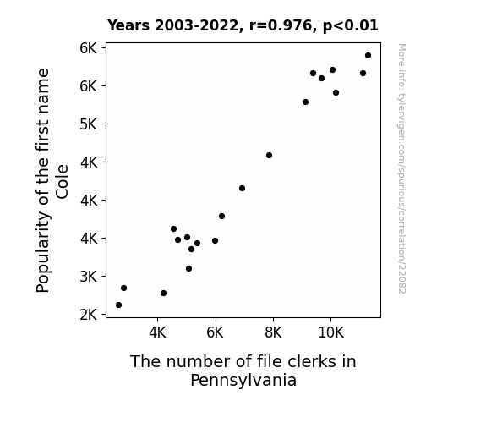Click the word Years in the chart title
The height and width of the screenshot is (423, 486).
tap(128, 25)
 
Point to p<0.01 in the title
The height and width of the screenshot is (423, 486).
tap(351, 26)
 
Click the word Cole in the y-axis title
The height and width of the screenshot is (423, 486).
tap(62, 182)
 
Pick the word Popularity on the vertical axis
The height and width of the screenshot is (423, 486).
tap(43, 252)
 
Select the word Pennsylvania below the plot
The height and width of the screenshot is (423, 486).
tap(243, 381)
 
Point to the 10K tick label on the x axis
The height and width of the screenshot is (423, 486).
tap(331, 332)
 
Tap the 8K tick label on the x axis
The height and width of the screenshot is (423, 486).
tap(273, 332)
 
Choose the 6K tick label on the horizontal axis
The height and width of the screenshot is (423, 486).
tap(215, 332)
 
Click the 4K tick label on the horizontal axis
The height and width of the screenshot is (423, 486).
tap(157, 332)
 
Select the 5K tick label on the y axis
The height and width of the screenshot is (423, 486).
tap(89, 124)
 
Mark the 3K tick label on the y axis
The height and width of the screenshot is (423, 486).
tap(89, 276)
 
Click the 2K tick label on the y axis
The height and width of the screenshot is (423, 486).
tap(89, 315)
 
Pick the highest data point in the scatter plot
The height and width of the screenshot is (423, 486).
tap(368, 56)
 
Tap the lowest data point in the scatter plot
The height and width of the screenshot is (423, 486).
tap(118, 305)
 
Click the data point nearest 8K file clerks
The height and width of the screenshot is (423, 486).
tap(269, 155)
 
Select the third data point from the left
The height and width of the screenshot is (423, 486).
tap(164, 294)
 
